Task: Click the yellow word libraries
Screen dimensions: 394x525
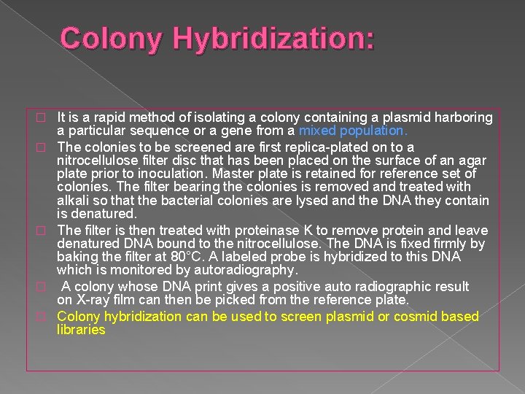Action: tap(81, 330)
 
